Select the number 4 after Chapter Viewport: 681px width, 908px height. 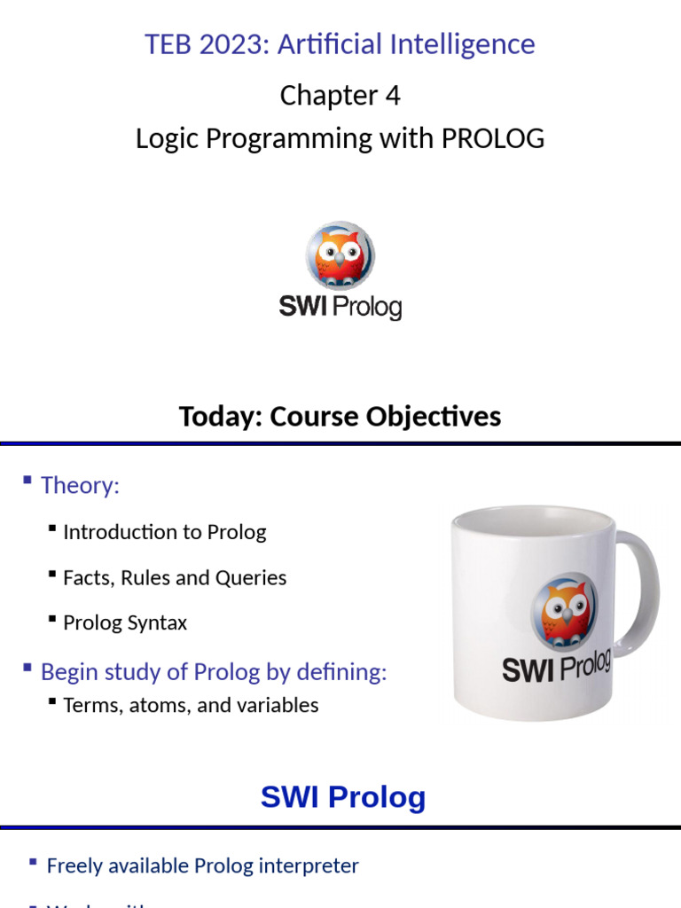tap(392, 95)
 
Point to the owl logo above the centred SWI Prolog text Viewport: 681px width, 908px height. tap(340, 254)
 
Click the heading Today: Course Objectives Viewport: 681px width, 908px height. tap(340, 416)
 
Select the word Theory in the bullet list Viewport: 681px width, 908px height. tap(79, 485)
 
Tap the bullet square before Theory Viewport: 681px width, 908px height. tap(27, 481)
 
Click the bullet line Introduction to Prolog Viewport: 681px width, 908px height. tap(164, 532)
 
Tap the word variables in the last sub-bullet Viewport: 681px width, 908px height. tap(276, 706)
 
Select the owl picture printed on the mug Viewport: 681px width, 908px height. tap(563, 612)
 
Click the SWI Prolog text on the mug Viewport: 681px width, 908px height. tap(557, 667)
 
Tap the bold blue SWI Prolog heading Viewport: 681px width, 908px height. tap(343, 797)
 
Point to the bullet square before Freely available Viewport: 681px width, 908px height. tap(33, 862)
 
